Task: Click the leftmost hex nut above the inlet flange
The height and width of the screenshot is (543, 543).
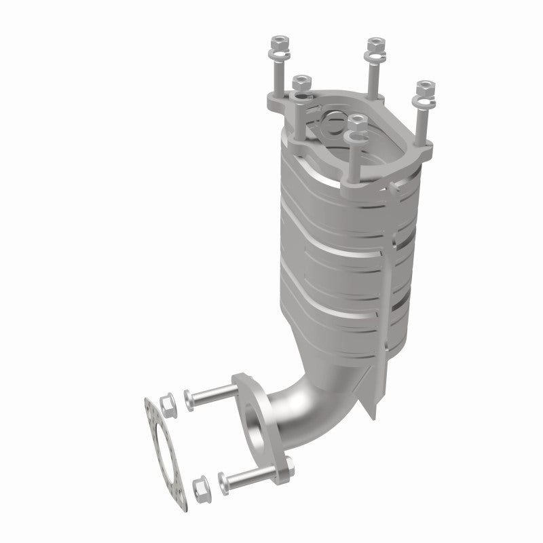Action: (278, 44)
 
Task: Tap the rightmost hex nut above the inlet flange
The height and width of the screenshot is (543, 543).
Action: (426, 86)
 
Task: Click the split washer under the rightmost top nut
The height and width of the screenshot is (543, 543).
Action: (424, 103)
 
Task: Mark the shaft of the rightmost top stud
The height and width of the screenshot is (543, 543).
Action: (422, 126)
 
